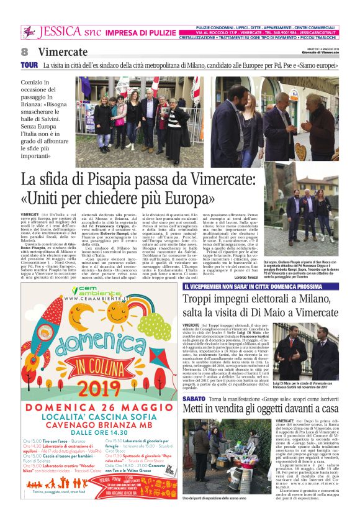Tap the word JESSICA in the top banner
point(60,32)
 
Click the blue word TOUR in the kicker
point(29,65)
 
